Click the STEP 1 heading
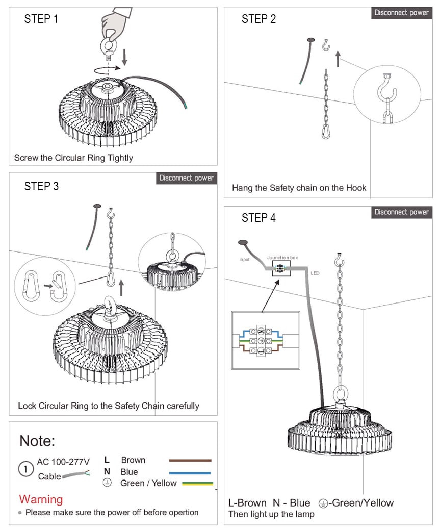(41, 19)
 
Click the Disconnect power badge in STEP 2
(401, 13)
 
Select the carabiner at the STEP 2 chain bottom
(326, 131)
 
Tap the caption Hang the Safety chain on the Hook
(299, 188)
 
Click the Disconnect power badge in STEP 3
(186, 178)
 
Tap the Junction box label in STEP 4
(282, 258)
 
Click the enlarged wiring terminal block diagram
(265, 340)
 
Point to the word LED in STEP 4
(315, 273)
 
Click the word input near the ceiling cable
(245, 260)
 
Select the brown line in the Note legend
(190, 460)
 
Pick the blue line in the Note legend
(190, 472)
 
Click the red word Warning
(41, 499)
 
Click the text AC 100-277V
(63, 462)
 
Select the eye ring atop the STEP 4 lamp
(340, 394)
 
